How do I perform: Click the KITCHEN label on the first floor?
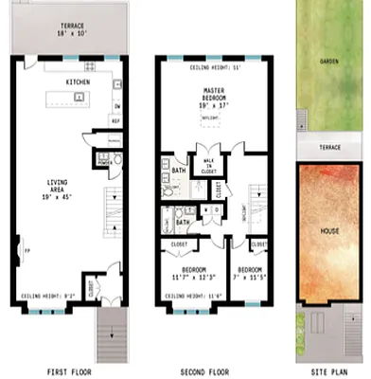click(78, 82)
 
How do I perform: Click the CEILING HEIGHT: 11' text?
click(214, 67)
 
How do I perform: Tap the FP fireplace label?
click(21, 251)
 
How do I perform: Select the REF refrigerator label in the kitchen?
click(115, 121)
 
